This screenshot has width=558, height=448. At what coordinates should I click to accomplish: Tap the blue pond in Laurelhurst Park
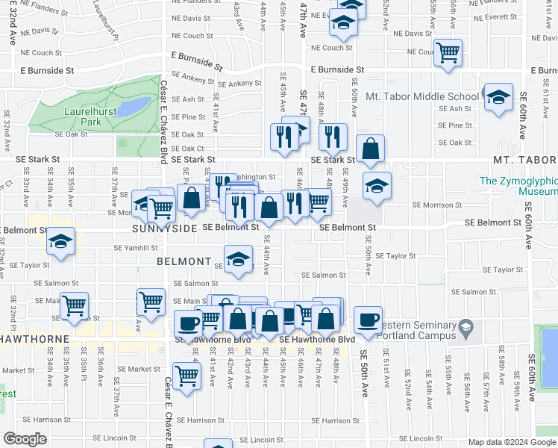pos(135,108)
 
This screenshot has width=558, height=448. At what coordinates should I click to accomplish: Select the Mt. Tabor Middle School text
pos(422,96)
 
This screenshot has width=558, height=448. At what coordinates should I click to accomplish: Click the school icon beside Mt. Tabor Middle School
pos(498,97)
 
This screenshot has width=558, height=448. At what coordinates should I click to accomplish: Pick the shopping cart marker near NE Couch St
pos(448,53)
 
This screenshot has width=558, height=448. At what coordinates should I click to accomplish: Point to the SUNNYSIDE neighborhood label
pos(164,227)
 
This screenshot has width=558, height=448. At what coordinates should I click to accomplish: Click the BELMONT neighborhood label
pos(184,261)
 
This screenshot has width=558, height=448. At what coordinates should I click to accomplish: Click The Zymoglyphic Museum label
pos(518,186)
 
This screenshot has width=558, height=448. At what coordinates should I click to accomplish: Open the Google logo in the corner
pos(25,439)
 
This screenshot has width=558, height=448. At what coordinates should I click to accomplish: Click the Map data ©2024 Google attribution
pos(512,442)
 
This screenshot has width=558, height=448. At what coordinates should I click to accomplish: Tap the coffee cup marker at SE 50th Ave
pos(368,320)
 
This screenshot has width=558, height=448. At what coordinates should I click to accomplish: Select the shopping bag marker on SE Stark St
pos(371,149)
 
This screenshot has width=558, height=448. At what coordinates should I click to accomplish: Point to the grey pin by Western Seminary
pos(465,327)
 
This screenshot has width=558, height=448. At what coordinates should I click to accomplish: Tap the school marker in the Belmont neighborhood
pos(238,260)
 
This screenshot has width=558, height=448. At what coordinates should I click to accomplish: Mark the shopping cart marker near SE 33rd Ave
pos(75,306)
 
